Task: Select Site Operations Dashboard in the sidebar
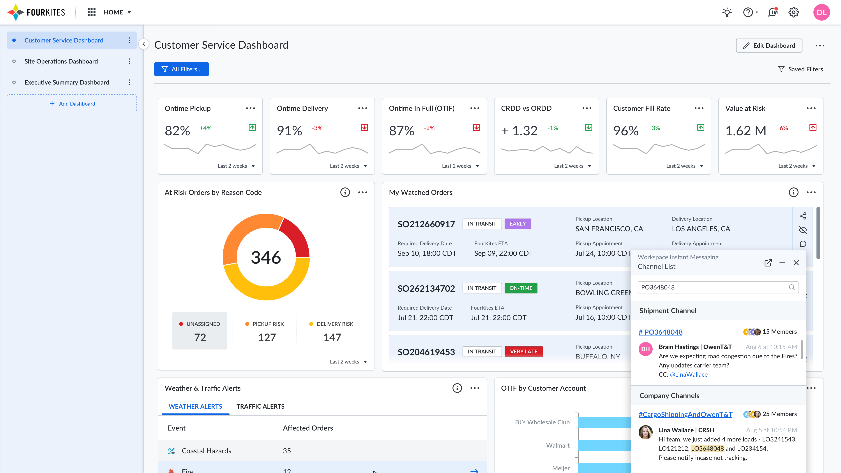coord(61,61)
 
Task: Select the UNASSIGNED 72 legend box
coord(200,330)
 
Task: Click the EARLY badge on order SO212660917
coord(518,224)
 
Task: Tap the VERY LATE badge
coord(523,351)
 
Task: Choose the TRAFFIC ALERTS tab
coord(260,406)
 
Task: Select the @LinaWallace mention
coord(689,374)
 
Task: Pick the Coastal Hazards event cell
coord(206,451)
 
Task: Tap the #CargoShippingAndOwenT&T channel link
coord(685,414)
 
